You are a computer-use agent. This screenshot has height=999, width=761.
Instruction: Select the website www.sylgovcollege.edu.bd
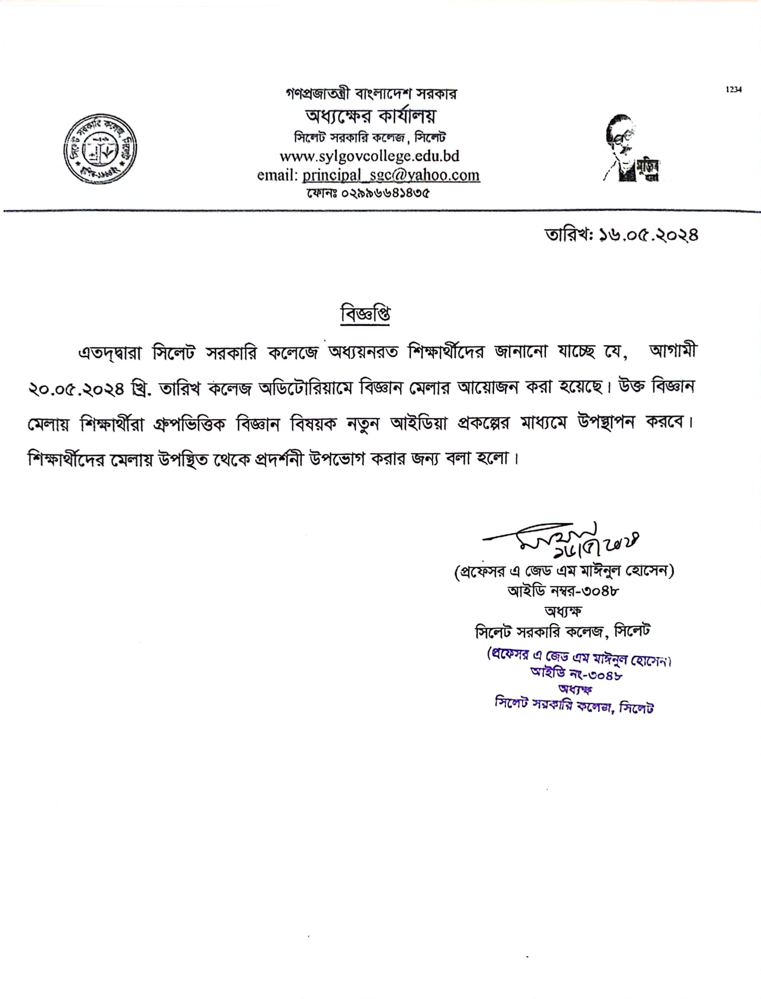point(369,156)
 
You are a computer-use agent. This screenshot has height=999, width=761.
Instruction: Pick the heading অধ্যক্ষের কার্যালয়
point(371,116)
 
